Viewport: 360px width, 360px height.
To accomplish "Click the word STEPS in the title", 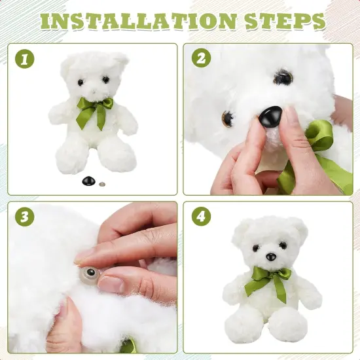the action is (285, 22).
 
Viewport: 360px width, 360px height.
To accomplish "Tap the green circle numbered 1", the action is (25, 59).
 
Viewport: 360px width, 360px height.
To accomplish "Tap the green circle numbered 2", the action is (202, 58).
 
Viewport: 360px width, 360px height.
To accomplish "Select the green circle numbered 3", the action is (25, 217).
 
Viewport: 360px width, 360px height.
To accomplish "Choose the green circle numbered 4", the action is (202, 216).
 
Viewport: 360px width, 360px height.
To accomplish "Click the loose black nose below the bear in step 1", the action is (89, 181).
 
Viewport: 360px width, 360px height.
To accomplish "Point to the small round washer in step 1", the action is (102, 184).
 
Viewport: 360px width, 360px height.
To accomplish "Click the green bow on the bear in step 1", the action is (94, 111).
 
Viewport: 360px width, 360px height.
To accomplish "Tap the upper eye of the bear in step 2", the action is (283, 78).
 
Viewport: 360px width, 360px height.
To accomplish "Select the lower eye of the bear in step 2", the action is (228, 118).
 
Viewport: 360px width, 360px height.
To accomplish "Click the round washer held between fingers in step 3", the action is (90, 274).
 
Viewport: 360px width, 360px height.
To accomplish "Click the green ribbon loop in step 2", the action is (319, 136).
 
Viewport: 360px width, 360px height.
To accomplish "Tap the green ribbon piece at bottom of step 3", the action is (128, 346).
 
